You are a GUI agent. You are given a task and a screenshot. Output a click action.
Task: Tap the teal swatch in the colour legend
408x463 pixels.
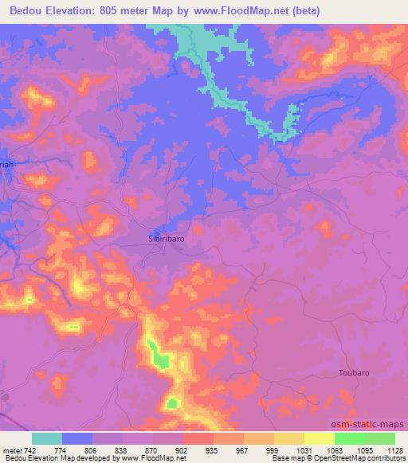47,438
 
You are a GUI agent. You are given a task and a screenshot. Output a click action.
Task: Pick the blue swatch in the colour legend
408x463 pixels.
77,438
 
